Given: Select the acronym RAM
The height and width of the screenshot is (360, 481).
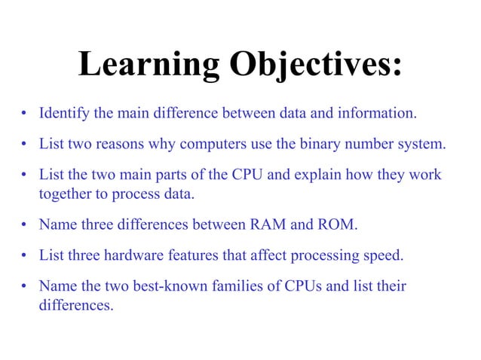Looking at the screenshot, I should tap(269, 225).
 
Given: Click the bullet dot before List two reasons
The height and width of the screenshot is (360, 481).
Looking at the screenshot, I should tap(25, 144).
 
